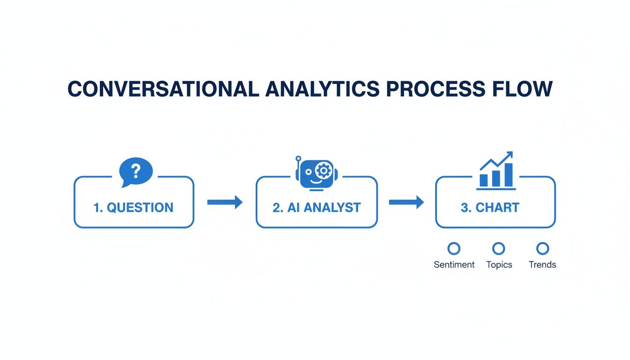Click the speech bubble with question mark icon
pos(136,172)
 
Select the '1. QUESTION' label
pos(134,208)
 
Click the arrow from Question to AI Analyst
pos(225,202)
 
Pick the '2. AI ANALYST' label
pos(316,208)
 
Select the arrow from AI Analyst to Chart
pos(406,202)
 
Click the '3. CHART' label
pos(490,208)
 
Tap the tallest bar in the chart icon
pos(508,175)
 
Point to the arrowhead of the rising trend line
pos(509,155)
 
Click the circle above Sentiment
pos(454,248)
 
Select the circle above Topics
pos(499,248)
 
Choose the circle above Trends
pos(542,248)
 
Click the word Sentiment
pos(454,265)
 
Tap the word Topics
pos(499,265)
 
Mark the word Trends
pos(542,265)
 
